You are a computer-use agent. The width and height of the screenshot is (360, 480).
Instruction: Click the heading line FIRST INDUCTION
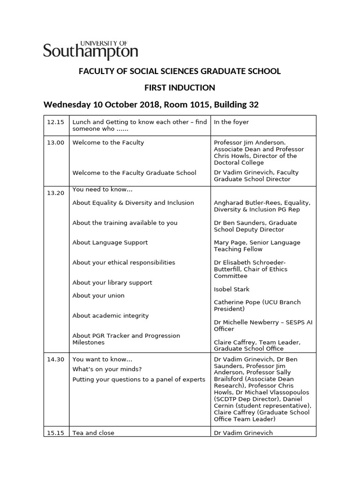[180, 88]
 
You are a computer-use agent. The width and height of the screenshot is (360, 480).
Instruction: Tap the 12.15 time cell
[55, 122]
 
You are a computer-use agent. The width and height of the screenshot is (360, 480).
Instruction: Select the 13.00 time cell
[55, 142]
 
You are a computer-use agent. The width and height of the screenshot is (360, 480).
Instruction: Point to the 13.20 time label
[55, 193]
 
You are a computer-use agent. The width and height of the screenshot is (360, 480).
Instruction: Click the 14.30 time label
[55, 359]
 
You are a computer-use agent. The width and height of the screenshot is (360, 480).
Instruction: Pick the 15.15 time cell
[55, 433]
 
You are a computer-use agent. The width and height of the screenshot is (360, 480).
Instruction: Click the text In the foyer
[231, 122]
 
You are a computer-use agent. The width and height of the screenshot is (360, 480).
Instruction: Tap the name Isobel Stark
[232, 289]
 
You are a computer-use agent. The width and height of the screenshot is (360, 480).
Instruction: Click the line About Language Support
[110, 242]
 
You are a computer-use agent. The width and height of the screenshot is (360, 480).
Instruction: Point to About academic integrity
[110, 315]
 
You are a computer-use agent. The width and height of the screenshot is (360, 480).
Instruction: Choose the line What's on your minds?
[107, 369]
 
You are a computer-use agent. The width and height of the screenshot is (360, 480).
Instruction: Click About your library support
[112, 283]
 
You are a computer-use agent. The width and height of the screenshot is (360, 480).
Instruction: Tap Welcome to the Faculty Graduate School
[134, 172]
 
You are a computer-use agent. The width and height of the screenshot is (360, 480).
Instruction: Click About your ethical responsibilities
[124, 262]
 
